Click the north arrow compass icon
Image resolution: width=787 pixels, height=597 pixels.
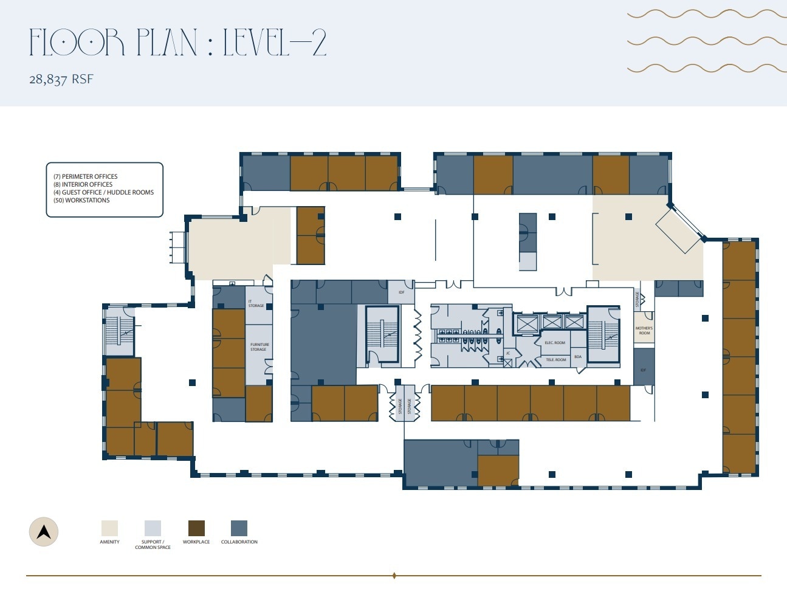(x=44, y=532)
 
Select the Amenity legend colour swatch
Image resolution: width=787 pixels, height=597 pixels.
(x=109, y=528)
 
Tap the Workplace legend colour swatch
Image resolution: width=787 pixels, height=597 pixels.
(x=196, y=528)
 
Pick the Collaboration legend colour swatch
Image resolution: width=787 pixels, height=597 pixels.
(x=239, y=528)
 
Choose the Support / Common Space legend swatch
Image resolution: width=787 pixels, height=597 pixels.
(x=153, y=528)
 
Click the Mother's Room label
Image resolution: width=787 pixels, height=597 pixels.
(x=644, y=331)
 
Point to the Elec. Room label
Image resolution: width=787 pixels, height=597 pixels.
(x=554, y=343)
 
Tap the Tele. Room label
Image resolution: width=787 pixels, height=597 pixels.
(x=555, y=360)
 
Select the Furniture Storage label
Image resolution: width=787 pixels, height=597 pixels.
(x=259, y=347)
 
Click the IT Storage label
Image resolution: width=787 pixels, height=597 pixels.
(x=256, y=303)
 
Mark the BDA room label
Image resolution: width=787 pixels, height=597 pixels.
(x=578, y=357)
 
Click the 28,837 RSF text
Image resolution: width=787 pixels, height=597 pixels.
(x=61, y=79)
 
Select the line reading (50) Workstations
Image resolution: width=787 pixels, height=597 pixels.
(x=81, y=201)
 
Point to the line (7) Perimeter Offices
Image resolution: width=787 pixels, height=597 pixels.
(x=85, y=177)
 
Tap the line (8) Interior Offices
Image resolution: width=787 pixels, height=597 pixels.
(x=83, y=185)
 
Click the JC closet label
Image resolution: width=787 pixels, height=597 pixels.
(x=508, y=353)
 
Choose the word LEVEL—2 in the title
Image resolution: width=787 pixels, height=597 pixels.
(x=275, y=43)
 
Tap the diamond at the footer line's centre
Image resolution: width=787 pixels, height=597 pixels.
(x=394, y=575)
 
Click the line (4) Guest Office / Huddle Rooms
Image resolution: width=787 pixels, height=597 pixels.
(x=103, y=193)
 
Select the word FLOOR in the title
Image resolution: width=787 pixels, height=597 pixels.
(x=77, y=43)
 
